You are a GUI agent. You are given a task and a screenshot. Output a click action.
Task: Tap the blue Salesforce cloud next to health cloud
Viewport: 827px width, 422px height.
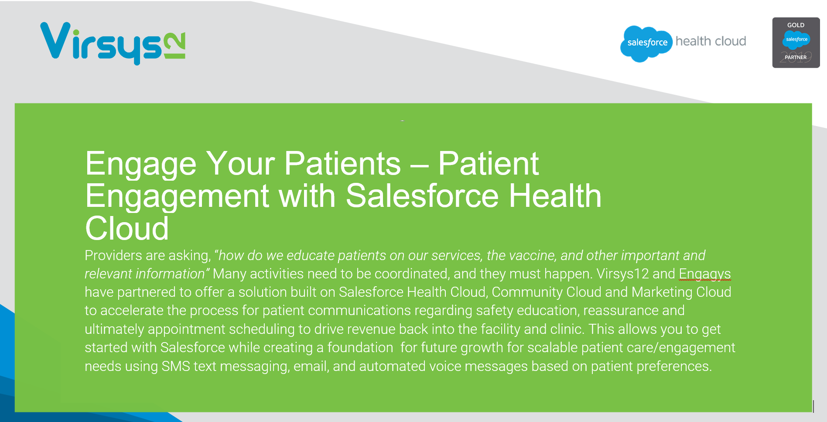point(646,43)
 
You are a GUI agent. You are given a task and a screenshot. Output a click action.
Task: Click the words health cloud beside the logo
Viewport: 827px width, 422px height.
point(711,41)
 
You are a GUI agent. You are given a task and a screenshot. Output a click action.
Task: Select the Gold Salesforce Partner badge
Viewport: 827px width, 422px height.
point(796,43)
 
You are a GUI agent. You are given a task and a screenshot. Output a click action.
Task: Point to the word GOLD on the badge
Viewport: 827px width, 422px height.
point(796,25)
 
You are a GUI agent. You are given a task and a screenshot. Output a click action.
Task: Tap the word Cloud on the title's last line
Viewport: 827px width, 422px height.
point(126,229)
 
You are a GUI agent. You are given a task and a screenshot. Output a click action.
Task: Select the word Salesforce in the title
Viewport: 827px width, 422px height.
point(422,196)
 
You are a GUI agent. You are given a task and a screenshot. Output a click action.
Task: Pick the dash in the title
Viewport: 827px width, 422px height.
point(419,165)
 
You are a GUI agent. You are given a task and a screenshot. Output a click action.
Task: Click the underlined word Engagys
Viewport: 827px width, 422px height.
point(704,274)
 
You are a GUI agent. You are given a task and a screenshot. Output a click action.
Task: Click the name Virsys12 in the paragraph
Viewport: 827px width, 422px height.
point(622,274)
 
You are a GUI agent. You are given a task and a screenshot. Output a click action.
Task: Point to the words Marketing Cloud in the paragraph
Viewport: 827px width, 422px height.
point(681,292)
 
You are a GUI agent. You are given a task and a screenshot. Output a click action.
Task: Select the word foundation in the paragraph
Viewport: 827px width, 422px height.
point(360,347)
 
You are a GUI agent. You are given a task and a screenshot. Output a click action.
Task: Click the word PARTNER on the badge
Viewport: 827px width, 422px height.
point(796,57)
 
